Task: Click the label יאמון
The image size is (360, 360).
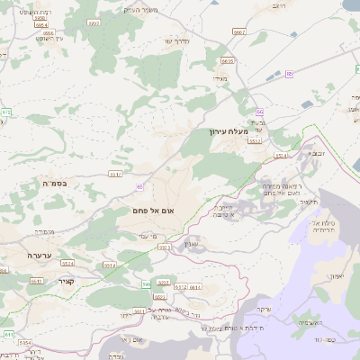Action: pos(337,276)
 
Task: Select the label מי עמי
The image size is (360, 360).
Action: pos(149,236)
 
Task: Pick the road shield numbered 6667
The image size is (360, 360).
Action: pos(239,31)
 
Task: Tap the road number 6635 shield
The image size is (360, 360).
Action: pos(227,61)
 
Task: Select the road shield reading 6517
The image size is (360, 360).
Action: pos(115,174)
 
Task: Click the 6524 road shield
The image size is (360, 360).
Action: pos(67,264)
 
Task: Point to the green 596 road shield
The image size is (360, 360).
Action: pos(146,283)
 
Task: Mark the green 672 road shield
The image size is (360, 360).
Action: pos(6,112)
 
